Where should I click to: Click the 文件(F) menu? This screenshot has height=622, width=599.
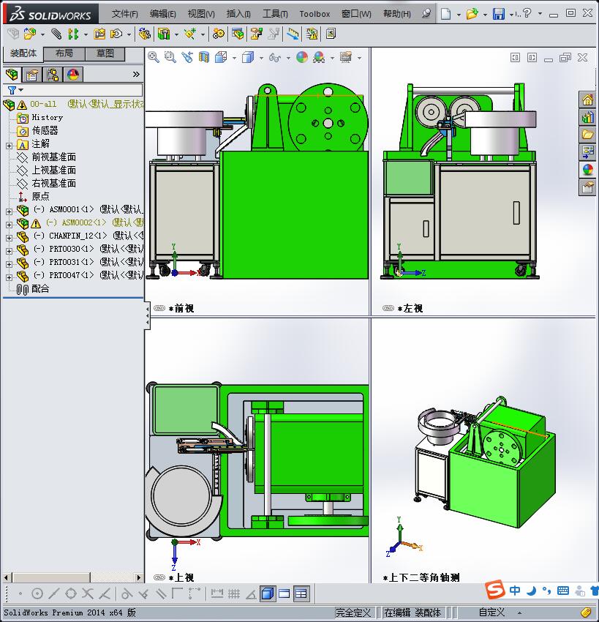click(x=124, y=14)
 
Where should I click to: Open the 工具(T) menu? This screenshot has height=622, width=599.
click(x=275, y=14)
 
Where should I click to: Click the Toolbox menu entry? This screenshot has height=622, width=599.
click(x=314, y=14)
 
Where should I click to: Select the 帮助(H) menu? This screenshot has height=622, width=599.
click(x=396, y=14)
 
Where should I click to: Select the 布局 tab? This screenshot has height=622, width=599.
click(x=64, y=53)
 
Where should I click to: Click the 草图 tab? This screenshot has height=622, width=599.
click(x=105, y=53)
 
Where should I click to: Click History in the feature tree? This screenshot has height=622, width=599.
click(x=47, y=117)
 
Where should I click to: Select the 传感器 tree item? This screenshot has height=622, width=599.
click(x=45, y=130)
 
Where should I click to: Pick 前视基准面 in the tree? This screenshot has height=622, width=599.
click(x=53, y=157)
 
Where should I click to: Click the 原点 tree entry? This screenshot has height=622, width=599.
click(x=40, y=196)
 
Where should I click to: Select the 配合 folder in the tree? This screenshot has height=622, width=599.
click(x=40, y=288)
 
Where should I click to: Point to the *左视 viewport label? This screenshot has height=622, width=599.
click(x=410, y=309)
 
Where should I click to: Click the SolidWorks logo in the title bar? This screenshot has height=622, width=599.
click(x=50, y=14)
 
